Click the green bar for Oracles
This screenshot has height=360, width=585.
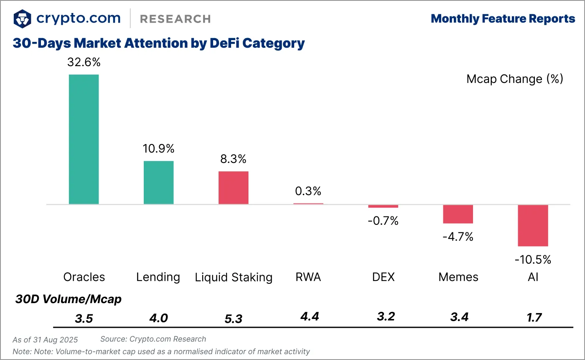(x=84, y=139)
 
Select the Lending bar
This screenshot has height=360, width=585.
(x=158, y=183)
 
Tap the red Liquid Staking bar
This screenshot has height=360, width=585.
(x=233, y=188)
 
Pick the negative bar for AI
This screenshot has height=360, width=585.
(x=533, y=225)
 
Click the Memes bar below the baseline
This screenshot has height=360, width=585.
(x=458, y=214)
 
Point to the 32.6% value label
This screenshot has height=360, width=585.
(x=84, y=63)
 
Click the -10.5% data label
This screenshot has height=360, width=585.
(x=533, y=260)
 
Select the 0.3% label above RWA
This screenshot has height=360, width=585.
(x=308, y=191)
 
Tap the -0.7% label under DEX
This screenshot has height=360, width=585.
(x=383, y=221)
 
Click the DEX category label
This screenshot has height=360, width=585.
(x=383, y=277)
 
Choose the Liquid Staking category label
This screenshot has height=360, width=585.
(x=234, y=277)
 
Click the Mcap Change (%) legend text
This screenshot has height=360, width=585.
(x=515, y=79)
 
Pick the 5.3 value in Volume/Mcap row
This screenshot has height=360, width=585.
(x=233, y=319)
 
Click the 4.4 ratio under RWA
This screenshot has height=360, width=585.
(x=310, y=316)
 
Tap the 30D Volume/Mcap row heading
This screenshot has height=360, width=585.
(x=68, y=299)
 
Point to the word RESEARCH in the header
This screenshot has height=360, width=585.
(x=175, y=19)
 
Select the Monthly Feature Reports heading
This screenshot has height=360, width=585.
(x=503, y=19)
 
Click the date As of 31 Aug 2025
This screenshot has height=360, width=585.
(x=45, y=339)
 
